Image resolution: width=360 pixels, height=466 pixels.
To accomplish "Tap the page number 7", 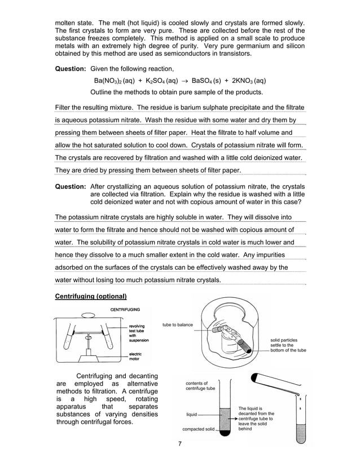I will (x=179, y=443).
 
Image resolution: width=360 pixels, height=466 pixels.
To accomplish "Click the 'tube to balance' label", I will (x=177, y=325).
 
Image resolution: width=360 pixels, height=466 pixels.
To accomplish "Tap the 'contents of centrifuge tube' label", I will (x=200, y=385).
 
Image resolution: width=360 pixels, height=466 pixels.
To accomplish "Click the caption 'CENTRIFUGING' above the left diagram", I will (x=125, y=310).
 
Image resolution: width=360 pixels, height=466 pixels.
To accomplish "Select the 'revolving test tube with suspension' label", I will (x=139, y=333).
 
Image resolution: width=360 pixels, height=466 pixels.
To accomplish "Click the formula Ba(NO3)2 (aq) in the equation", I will (x=118, y=81).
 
